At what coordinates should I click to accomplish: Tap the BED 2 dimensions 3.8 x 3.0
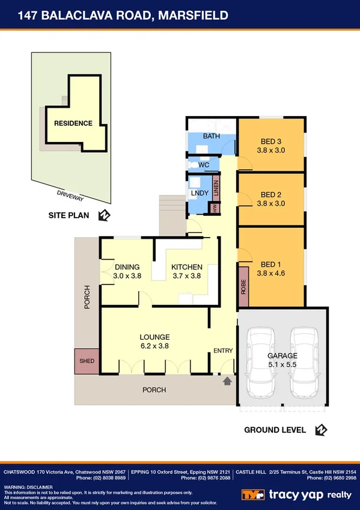coord(270,203)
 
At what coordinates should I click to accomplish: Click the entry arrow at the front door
coord(227,381)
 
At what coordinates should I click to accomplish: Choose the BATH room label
coord(211,137)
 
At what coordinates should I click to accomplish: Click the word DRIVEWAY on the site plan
coord(70,195)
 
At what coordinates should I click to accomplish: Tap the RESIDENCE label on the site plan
coord(73,123)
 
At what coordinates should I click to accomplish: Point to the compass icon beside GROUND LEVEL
coord(320,429)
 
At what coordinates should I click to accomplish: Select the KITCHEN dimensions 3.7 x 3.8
coord(186,276)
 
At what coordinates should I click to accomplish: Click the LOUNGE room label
coord(155,337)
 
